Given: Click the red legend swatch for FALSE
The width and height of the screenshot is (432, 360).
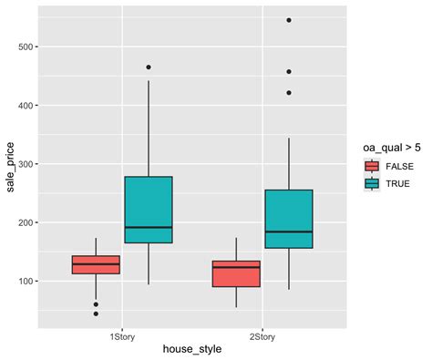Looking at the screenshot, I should pyautogui.click(x=371, y=165).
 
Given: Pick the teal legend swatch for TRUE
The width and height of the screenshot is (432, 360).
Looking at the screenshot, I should pyautogui.click(x=371, y=182).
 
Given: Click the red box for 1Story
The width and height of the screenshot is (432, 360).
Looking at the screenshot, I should pyautogui.click(x=96, y=264).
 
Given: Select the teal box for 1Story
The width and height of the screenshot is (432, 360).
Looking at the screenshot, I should pyautogui.click(x=149, y=210).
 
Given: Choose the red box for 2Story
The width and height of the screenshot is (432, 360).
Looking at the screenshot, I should pyautogui.click(x=236, y=273).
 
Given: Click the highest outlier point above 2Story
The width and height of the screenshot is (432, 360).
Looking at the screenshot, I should pyautogui.click(x=289, y=19).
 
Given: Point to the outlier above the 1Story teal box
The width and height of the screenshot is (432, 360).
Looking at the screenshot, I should pyautogui.click(x=149, y=67).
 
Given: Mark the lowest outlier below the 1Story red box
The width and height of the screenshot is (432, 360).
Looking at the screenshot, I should pyautogui.click(x=96, y=314).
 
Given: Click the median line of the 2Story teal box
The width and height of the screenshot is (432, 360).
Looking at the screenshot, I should pyautogui.click(x=289, y=231).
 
